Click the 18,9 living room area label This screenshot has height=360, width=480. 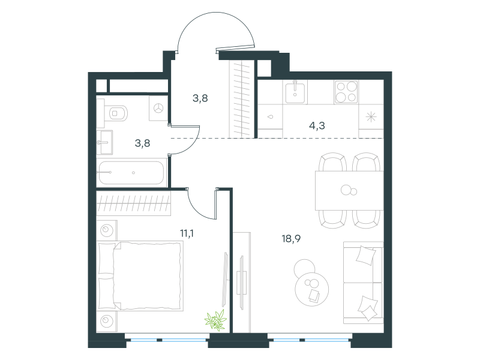pos(291,238)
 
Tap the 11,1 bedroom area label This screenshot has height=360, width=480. pos(187,233)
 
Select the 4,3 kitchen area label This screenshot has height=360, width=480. pos(317,125)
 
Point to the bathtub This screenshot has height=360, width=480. pos(131,172)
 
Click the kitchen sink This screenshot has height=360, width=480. pos(295,92)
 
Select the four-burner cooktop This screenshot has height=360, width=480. pos(346,92)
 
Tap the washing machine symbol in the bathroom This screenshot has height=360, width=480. pos(158,108)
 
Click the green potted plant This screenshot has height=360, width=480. pos(216,320)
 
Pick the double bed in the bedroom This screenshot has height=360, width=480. pos(140,275)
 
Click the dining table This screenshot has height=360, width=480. pos(349,190)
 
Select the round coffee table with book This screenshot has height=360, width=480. pos(312,289)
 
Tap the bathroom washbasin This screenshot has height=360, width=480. pos(104,142)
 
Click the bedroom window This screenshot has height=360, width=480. pos(168,340)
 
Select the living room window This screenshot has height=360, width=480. pos(310,340)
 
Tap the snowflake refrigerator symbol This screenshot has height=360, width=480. pos(371,117)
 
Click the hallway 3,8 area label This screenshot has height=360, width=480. pos(200,98)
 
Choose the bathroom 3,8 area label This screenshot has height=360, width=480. pos(142,143)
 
